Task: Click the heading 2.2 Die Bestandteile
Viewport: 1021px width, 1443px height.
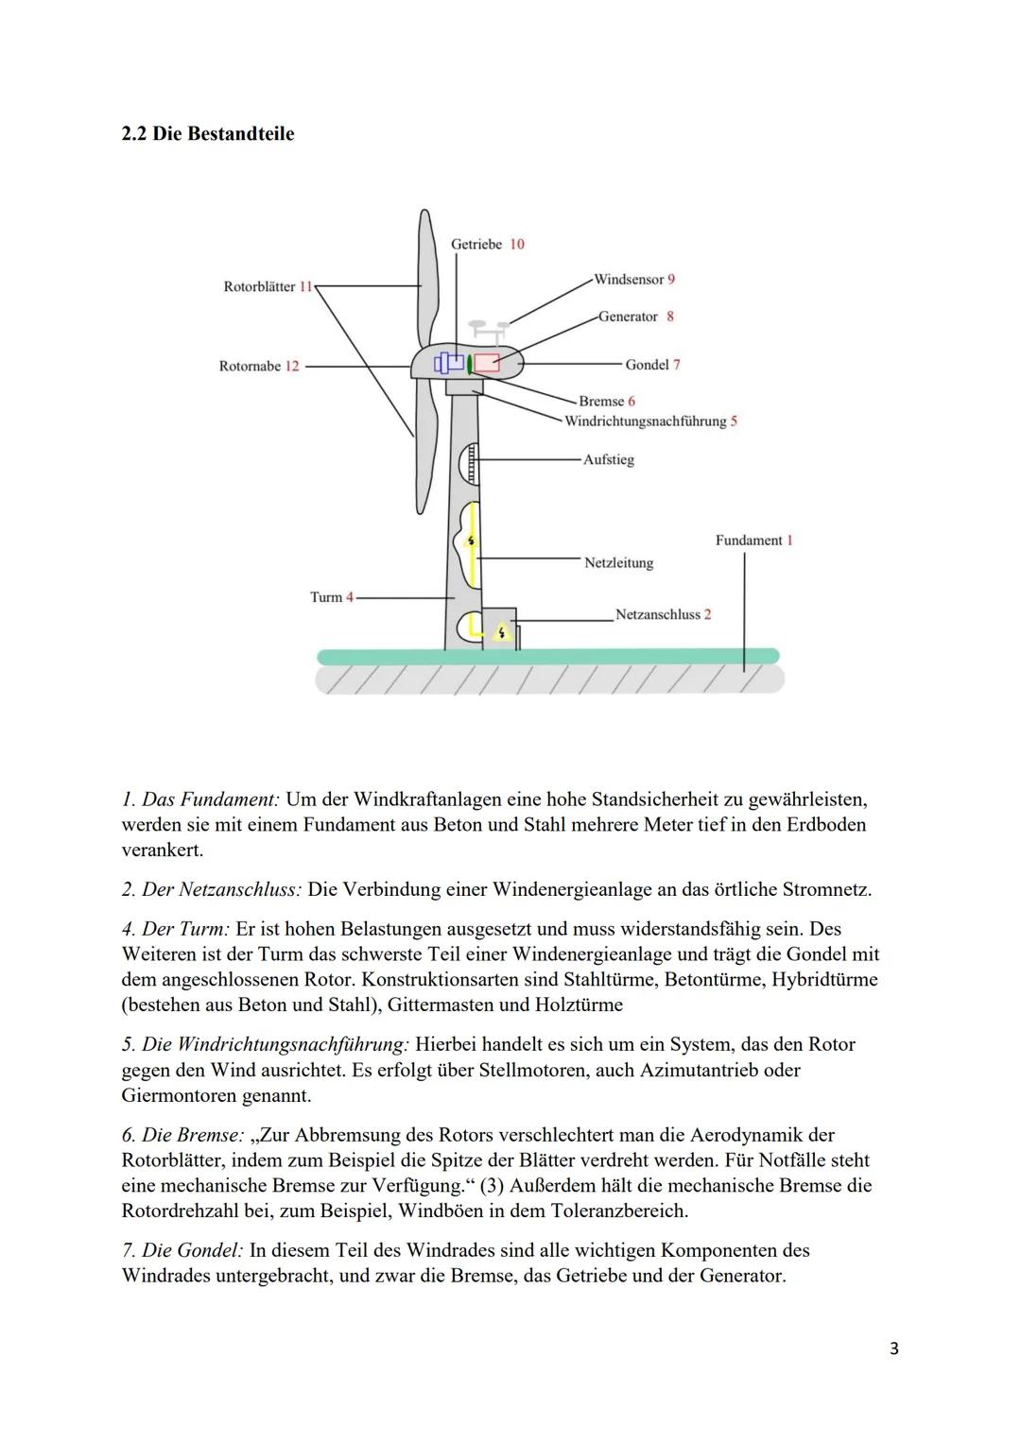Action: (208, 134)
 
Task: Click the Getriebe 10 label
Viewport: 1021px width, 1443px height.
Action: (487, 244)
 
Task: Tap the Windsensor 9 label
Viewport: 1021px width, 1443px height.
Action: (633, 280)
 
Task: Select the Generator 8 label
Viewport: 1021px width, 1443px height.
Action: (635, 317)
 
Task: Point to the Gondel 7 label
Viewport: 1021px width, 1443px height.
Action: (652, 365)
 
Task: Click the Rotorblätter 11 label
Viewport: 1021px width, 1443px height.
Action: (268, 286)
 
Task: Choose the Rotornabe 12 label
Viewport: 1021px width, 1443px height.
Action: (258, 366)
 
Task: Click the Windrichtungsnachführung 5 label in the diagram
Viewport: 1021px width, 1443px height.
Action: (650, 421)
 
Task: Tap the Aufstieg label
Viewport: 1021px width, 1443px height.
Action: (608, 460)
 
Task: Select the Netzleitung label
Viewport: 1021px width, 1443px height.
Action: (618, 563)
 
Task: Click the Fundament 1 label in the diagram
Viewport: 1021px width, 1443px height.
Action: (753, 541)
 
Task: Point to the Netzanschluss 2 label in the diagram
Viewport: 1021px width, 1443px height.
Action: (663, 615)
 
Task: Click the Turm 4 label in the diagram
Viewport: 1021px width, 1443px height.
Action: (331, 597)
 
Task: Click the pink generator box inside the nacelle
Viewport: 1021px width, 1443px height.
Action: (487, 363)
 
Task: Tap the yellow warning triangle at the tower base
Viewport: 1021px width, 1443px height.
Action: (502, 632)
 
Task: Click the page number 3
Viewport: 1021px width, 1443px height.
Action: (893, 1349)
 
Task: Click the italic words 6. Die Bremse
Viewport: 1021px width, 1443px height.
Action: (182, 1135)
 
